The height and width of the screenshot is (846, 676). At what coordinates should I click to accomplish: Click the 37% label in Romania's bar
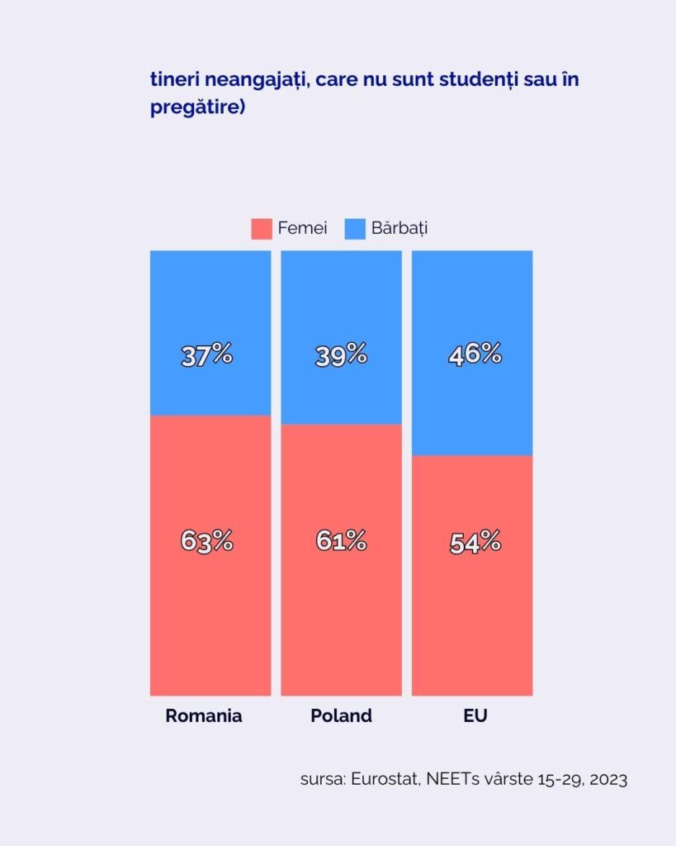pyautogui.click(x=206, y=355)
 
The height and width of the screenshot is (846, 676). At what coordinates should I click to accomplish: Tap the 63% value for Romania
pyautogui.click(x=206, y=541)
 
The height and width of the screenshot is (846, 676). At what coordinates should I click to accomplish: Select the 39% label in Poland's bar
pyautogui.click(x=341, y=355)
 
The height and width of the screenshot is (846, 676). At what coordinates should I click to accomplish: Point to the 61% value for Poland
pyautogui.click(x=341, y=541)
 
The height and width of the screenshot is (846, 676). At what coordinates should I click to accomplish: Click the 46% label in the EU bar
pyautogui.click(x=475, y=355)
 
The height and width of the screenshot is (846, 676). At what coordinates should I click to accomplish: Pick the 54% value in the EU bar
pyautogui.click(x=475, y=543)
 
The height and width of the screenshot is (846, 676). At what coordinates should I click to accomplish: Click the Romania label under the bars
pyautogui.click(x=204, y=715)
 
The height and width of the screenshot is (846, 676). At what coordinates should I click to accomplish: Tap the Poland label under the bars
pyautogui.click(x=341, y=715)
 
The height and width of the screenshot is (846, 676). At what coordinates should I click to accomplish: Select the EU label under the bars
pyautogui.click(x=475, y=715)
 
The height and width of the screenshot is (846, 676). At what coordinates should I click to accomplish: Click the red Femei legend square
pyautogui.click(x=262, y=229)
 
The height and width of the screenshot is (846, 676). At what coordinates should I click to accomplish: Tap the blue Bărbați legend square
pyautogui.click(x=354, y=229)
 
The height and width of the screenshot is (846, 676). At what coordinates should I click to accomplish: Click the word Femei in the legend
pyautogui.click(x=302, y=228)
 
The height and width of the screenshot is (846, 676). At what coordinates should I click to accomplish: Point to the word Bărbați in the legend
pyautogui.click(x=399, y=228)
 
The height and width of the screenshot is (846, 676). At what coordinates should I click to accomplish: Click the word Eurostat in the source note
pyautogui.click(x=385, y=779)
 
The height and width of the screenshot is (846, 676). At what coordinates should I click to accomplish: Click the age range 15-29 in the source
pyautogui.click(x=559, y=779)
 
